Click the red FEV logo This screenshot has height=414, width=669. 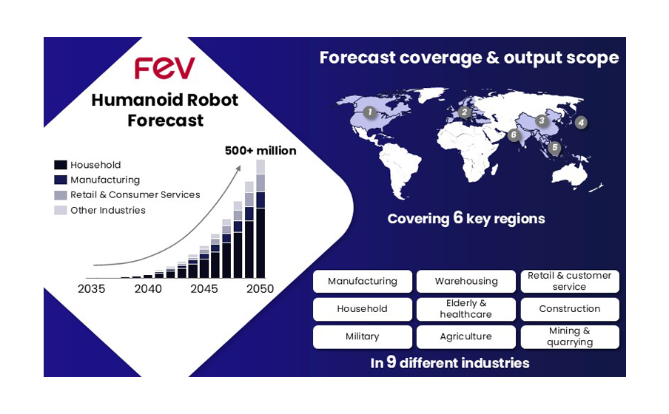point(165,68)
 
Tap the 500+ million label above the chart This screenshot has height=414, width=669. point(260,151)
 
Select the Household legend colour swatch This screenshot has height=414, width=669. point(61,165)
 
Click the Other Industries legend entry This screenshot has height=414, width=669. point(100,210)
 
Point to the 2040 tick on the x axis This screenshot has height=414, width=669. point(148,288)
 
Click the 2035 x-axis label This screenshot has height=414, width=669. point(91,288)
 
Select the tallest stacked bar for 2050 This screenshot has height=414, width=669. point(260,219)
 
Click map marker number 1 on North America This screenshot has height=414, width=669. point(369,112)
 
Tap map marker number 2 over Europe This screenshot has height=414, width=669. point(464,112)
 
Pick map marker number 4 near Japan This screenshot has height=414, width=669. point(581,123)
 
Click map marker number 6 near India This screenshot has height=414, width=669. point(514,135)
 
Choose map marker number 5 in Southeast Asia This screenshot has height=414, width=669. point(554,148)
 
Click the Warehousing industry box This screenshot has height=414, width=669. point(466,282)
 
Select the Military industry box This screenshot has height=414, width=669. point(362,337)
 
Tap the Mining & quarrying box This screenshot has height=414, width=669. point(570,337)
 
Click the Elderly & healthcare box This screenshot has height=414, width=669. point(466,309)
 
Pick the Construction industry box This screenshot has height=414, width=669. point(570,309)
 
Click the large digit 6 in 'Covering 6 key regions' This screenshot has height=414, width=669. point(458,217)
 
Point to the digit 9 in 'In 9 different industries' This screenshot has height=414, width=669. point(391,362)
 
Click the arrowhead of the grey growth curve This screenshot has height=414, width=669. point(238,169)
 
